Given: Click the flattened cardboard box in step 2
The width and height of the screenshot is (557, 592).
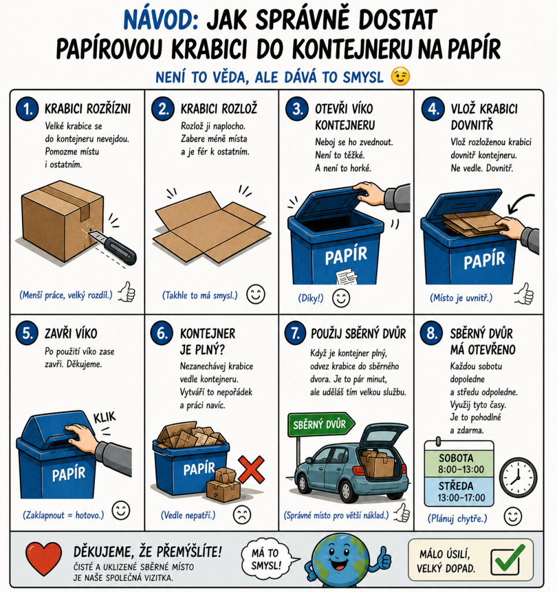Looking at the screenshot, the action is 212,227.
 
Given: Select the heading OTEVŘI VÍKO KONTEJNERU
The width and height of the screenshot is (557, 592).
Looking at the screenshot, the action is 344,117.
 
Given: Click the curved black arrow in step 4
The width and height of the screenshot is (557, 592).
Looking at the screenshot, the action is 517,200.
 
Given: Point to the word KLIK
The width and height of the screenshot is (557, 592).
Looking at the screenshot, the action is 104,418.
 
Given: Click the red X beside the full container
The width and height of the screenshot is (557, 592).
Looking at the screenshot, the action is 251,469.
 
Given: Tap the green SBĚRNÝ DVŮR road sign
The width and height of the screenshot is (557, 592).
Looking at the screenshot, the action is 321,424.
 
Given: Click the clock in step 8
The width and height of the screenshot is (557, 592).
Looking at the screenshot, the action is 518,477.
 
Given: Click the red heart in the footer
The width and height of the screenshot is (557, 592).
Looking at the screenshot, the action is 43,558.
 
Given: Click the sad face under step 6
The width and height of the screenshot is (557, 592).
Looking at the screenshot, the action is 242,514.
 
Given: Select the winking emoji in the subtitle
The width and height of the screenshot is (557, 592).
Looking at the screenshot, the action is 401,77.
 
